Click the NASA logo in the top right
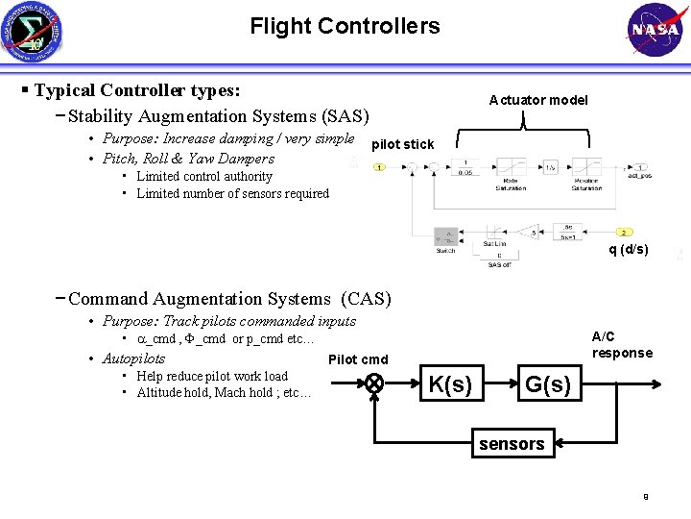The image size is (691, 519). click(655, 29)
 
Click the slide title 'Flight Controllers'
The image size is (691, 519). click(345, 26)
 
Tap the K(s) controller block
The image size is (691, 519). click(449, 384)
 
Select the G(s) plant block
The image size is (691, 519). click(548, 384)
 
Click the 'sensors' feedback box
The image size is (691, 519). click(511, 443)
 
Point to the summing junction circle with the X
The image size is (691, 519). click(373, 383)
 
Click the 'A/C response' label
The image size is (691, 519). click(622, 344)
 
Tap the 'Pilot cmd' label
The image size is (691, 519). click(358, 359)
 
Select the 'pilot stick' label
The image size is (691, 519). click(402, 144)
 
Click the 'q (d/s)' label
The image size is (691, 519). click(629, 250)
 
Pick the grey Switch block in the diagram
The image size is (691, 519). click(445, 235)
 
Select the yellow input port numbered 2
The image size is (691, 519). click(623, 233)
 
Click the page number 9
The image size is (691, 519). click(646, 497)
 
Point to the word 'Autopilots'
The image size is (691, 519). click(133, 358)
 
